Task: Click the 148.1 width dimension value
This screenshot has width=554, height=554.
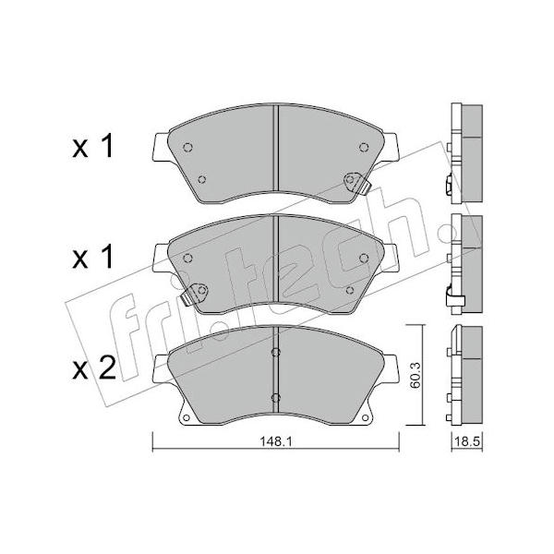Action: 275,441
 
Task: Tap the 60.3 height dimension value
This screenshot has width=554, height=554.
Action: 415,375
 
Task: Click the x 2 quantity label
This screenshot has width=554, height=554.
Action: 94,368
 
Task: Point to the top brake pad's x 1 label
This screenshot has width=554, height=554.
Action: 92,146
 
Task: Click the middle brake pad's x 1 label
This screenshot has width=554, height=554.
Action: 92,257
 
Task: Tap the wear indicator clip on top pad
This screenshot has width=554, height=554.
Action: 356,182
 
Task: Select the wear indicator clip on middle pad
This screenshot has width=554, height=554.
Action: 195,294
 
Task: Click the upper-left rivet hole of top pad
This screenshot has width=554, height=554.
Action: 187,147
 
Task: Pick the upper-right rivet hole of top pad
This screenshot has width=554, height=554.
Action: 364,147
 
